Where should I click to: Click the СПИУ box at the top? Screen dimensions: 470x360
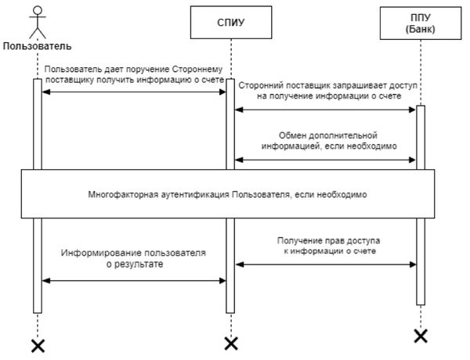231,23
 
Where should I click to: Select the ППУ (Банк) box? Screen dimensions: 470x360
421,23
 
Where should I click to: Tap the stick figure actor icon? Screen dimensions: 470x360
38,23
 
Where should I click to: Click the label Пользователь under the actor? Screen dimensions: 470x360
37,46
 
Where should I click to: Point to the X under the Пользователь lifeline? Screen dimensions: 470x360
38,346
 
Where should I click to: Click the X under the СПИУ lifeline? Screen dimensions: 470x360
231,344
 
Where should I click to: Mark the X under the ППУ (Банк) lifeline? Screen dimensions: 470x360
421,336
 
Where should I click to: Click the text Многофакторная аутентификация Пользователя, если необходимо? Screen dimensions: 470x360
227,194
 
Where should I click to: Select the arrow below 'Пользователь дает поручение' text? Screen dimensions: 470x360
134,92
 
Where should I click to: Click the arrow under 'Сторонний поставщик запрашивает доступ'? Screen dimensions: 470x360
325,110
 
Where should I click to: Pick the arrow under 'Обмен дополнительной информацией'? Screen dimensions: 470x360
325,160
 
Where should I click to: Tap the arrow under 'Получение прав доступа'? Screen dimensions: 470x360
326,265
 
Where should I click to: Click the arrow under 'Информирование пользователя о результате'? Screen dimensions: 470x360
134,281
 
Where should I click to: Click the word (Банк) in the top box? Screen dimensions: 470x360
421,29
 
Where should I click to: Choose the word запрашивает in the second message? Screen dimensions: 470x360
359,85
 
